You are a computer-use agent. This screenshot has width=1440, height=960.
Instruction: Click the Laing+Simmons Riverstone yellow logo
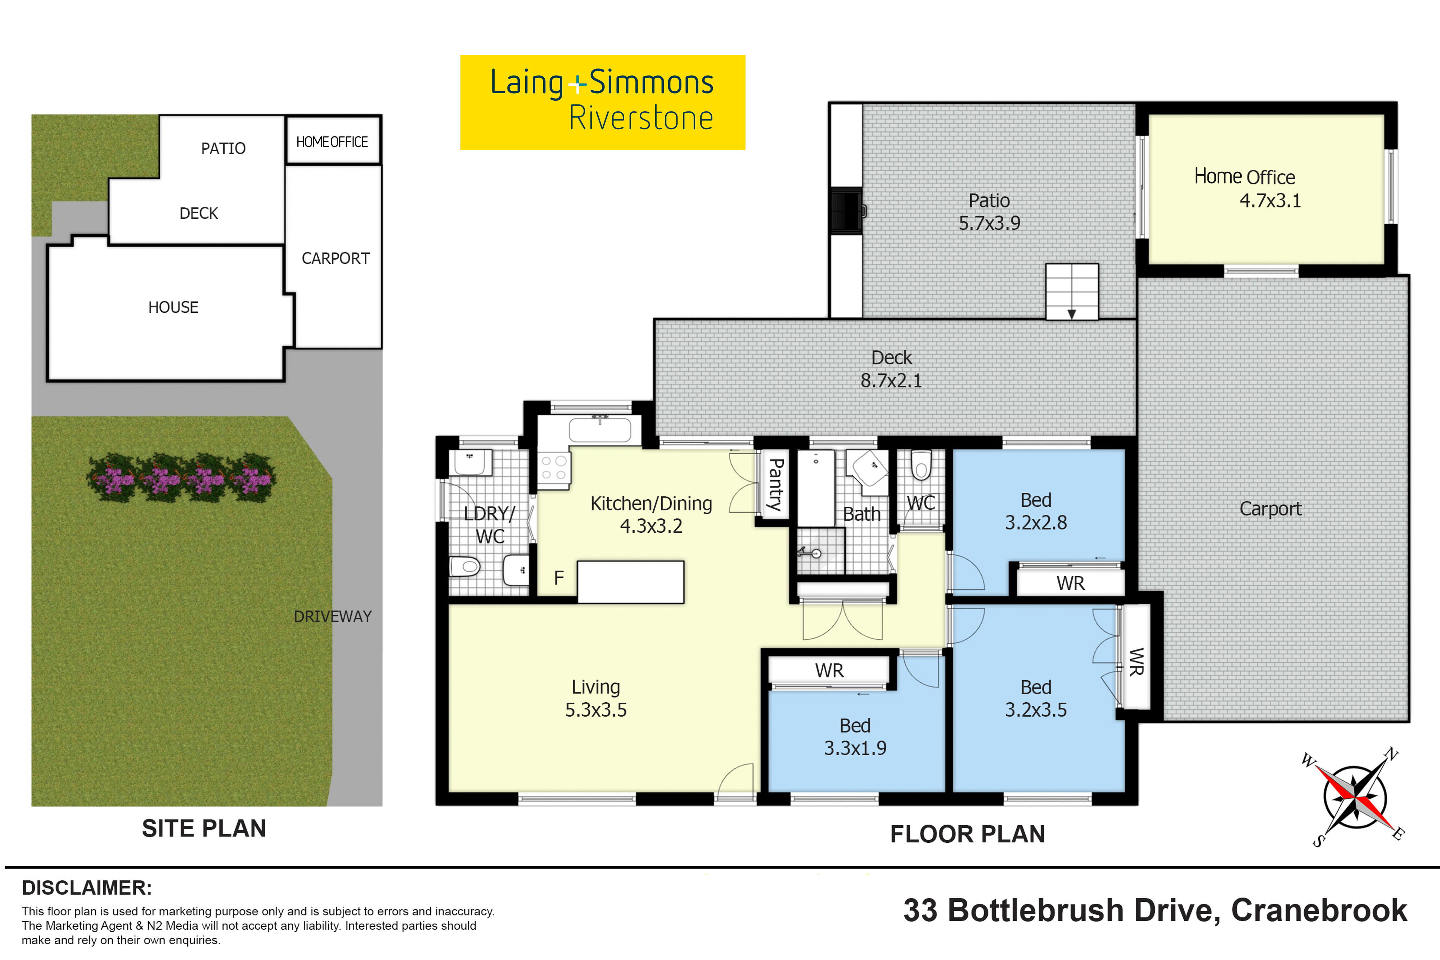point(602,102)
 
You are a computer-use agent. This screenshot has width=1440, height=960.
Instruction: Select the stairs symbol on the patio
point(1071,292)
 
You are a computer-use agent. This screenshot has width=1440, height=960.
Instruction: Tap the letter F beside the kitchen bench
point(558,577)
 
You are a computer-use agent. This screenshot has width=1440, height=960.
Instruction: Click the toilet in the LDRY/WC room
point(465,566)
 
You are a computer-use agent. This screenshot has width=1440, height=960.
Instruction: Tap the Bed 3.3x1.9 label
point(855,736)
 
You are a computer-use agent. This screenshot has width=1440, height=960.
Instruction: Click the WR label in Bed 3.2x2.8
point(1070,583)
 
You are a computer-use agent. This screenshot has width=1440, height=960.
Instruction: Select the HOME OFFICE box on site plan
point(332,141)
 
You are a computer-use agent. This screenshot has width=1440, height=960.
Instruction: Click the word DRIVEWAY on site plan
point(332,617)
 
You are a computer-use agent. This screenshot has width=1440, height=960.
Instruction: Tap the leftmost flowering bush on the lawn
point(112,478)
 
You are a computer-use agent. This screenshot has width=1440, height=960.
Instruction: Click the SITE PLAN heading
point(204,828)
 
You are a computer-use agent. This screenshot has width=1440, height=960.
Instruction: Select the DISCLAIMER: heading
point(87,888)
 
